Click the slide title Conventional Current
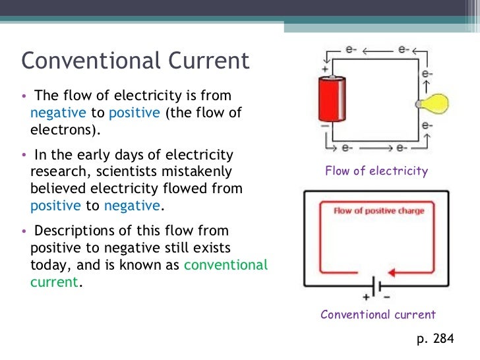click(135, 61)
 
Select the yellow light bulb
click(435, 103)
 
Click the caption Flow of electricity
click(376, 171)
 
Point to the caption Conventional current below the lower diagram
click(378, 315)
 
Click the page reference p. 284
click(436, 339)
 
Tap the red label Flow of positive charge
click(378, 211)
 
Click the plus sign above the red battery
click(324, 68)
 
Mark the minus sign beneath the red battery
click(324, 125)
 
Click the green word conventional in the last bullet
click(226, 265)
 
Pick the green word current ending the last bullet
click(54, 282)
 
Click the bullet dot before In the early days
click(24, 156)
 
